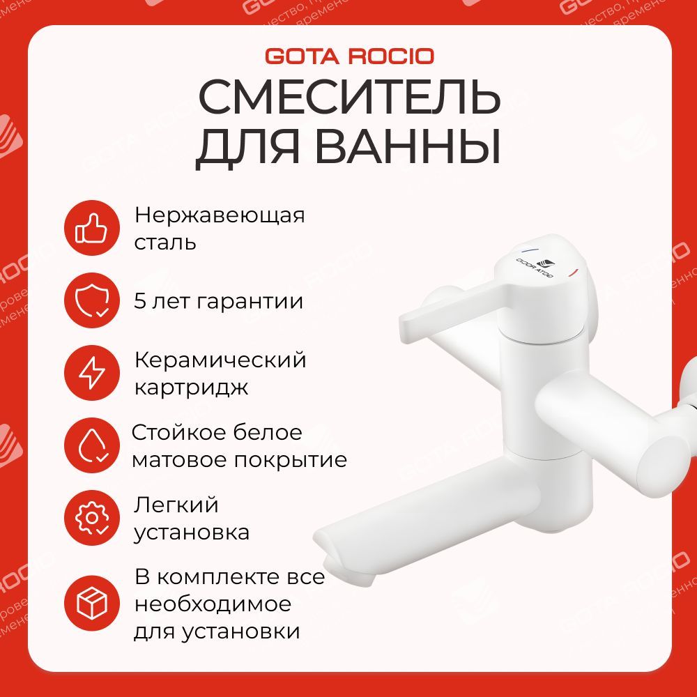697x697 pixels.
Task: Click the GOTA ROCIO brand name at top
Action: point(348,56)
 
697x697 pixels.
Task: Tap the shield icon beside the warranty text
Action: point(92,302)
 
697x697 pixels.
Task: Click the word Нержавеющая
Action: point(220,216)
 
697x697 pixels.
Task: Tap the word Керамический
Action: point(220,360)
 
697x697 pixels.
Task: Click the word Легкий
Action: point(176,505)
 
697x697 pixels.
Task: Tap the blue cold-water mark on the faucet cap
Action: point(529,250)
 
